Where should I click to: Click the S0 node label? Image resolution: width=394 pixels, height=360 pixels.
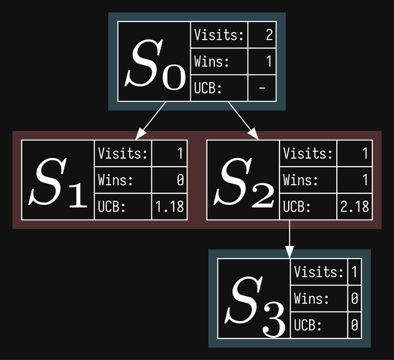pos(155,64)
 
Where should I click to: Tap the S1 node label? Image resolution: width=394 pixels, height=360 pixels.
pos(58,182)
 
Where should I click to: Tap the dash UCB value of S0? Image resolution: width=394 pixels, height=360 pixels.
pos(262,89)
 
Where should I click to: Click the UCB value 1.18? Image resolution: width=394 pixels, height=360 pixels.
pos(169,207)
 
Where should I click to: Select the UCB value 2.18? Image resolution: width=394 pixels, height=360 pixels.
pos(354,207)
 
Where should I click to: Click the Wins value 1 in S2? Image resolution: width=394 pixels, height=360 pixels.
pos(364,180)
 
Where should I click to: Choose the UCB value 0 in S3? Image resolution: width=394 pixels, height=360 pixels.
pos(354,324)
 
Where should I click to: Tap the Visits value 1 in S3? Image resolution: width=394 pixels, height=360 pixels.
pos(354,271)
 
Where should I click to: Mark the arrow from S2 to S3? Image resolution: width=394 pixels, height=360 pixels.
pos(289,239)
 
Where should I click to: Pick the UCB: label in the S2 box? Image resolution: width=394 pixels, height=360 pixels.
pos(297,207)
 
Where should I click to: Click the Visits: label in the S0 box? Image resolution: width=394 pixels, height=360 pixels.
pos(219,35)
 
